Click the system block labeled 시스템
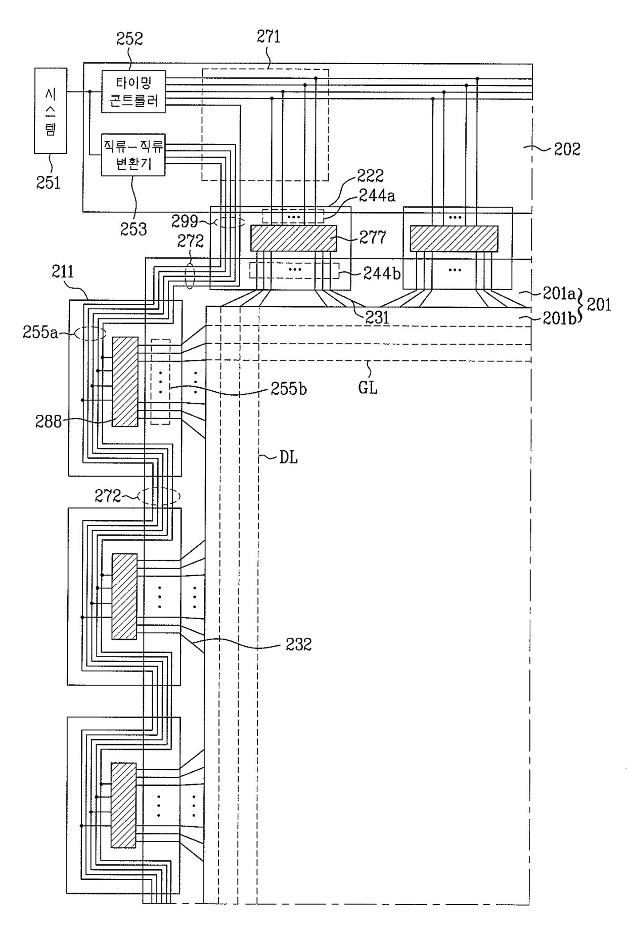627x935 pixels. coord(51,111)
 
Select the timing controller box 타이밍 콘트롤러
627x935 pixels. coord(133,91)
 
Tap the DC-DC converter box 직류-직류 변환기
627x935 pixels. coord(133,155)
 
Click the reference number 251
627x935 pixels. coord(48,182)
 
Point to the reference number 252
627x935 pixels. coord(129,39)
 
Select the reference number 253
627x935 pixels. coord(133,229)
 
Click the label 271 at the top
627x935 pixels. coord(268,37)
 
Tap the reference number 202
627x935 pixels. coord(567,149)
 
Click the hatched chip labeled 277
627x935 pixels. coord(293,238)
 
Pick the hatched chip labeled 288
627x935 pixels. coord(125,382)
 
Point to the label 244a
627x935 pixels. coord(377,196)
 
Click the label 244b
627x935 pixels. coord(382,273)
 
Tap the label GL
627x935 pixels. coord(368,388)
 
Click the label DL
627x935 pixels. coord(288,458)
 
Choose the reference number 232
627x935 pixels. coord(298,644)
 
